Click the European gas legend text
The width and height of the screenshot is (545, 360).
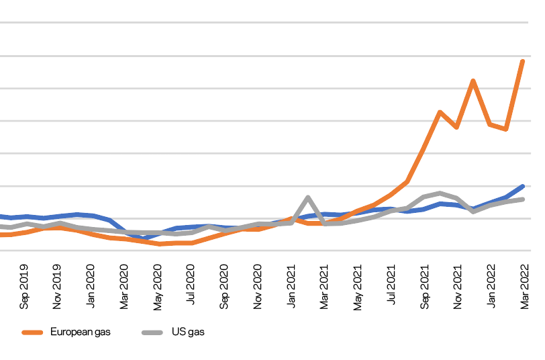point(80,332)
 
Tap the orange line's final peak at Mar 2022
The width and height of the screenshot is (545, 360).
point(523,61)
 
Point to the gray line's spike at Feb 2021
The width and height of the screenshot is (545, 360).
point(307,197)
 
